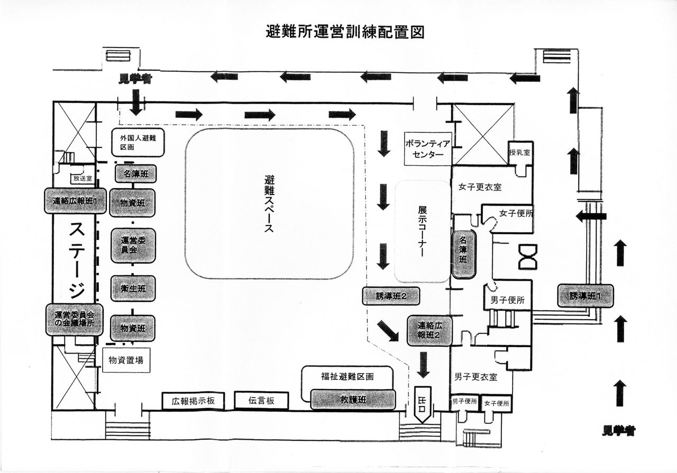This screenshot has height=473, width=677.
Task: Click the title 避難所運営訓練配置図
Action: pyautogui.click(x=345, y=32)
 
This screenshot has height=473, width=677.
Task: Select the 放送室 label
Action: pyautogui.click(x=83, y=179)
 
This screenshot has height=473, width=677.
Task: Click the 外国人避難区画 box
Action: pyautogui.click(x=138, y=143)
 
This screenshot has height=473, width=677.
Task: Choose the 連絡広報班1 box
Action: pyautogui.click(x=76, y=201)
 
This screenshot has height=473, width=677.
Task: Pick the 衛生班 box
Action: pyautogui.click(x=133, y=289)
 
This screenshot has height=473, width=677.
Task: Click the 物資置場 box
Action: pyautogui.click(x=126, y=360)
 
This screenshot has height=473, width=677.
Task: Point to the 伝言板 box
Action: pyautogui.click(x=261, y=401)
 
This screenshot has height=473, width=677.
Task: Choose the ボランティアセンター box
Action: pyautogui.click(x=428, y=149)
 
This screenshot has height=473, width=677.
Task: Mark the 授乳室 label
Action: pyautogui.click(x=519, y=152)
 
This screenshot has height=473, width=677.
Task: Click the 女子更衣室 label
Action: pyautogui.click(x=480, y=187)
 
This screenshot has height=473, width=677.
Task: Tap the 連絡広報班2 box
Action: pyautogui.click(x=429, y=330)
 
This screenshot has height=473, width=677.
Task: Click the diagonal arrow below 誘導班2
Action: pyautogui.click(x=388, y=330)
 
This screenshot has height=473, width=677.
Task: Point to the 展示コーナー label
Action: pyautogui.click(x=421, y=231)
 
